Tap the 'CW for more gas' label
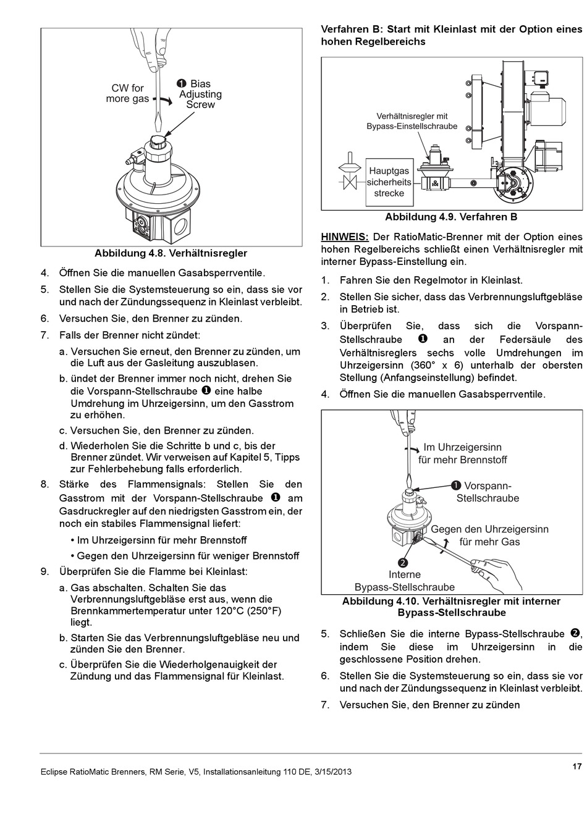click(x=127, y=93)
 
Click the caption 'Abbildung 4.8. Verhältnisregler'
click(x=171, y=253)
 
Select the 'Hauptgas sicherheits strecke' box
click(x=389, y=182)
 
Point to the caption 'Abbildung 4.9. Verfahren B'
click(x=451, y=217)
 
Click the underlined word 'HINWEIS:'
click(x=344, y=237)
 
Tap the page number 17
click(x=576, y=766)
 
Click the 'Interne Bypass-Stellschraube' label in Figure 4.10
click(x=405, y=581)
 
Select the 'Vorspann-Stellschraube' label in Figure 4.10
click(x=488, y=492)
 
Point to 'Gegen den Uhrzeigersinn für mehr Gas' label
click(x=489, y=535)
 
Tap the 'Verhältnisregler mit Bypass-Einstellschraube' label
click(x=412, y=121)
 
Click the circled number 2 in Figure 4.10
click(x=403, y=563)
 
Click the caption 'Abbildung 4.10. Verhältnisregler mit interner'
click(x=451, y=602)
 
